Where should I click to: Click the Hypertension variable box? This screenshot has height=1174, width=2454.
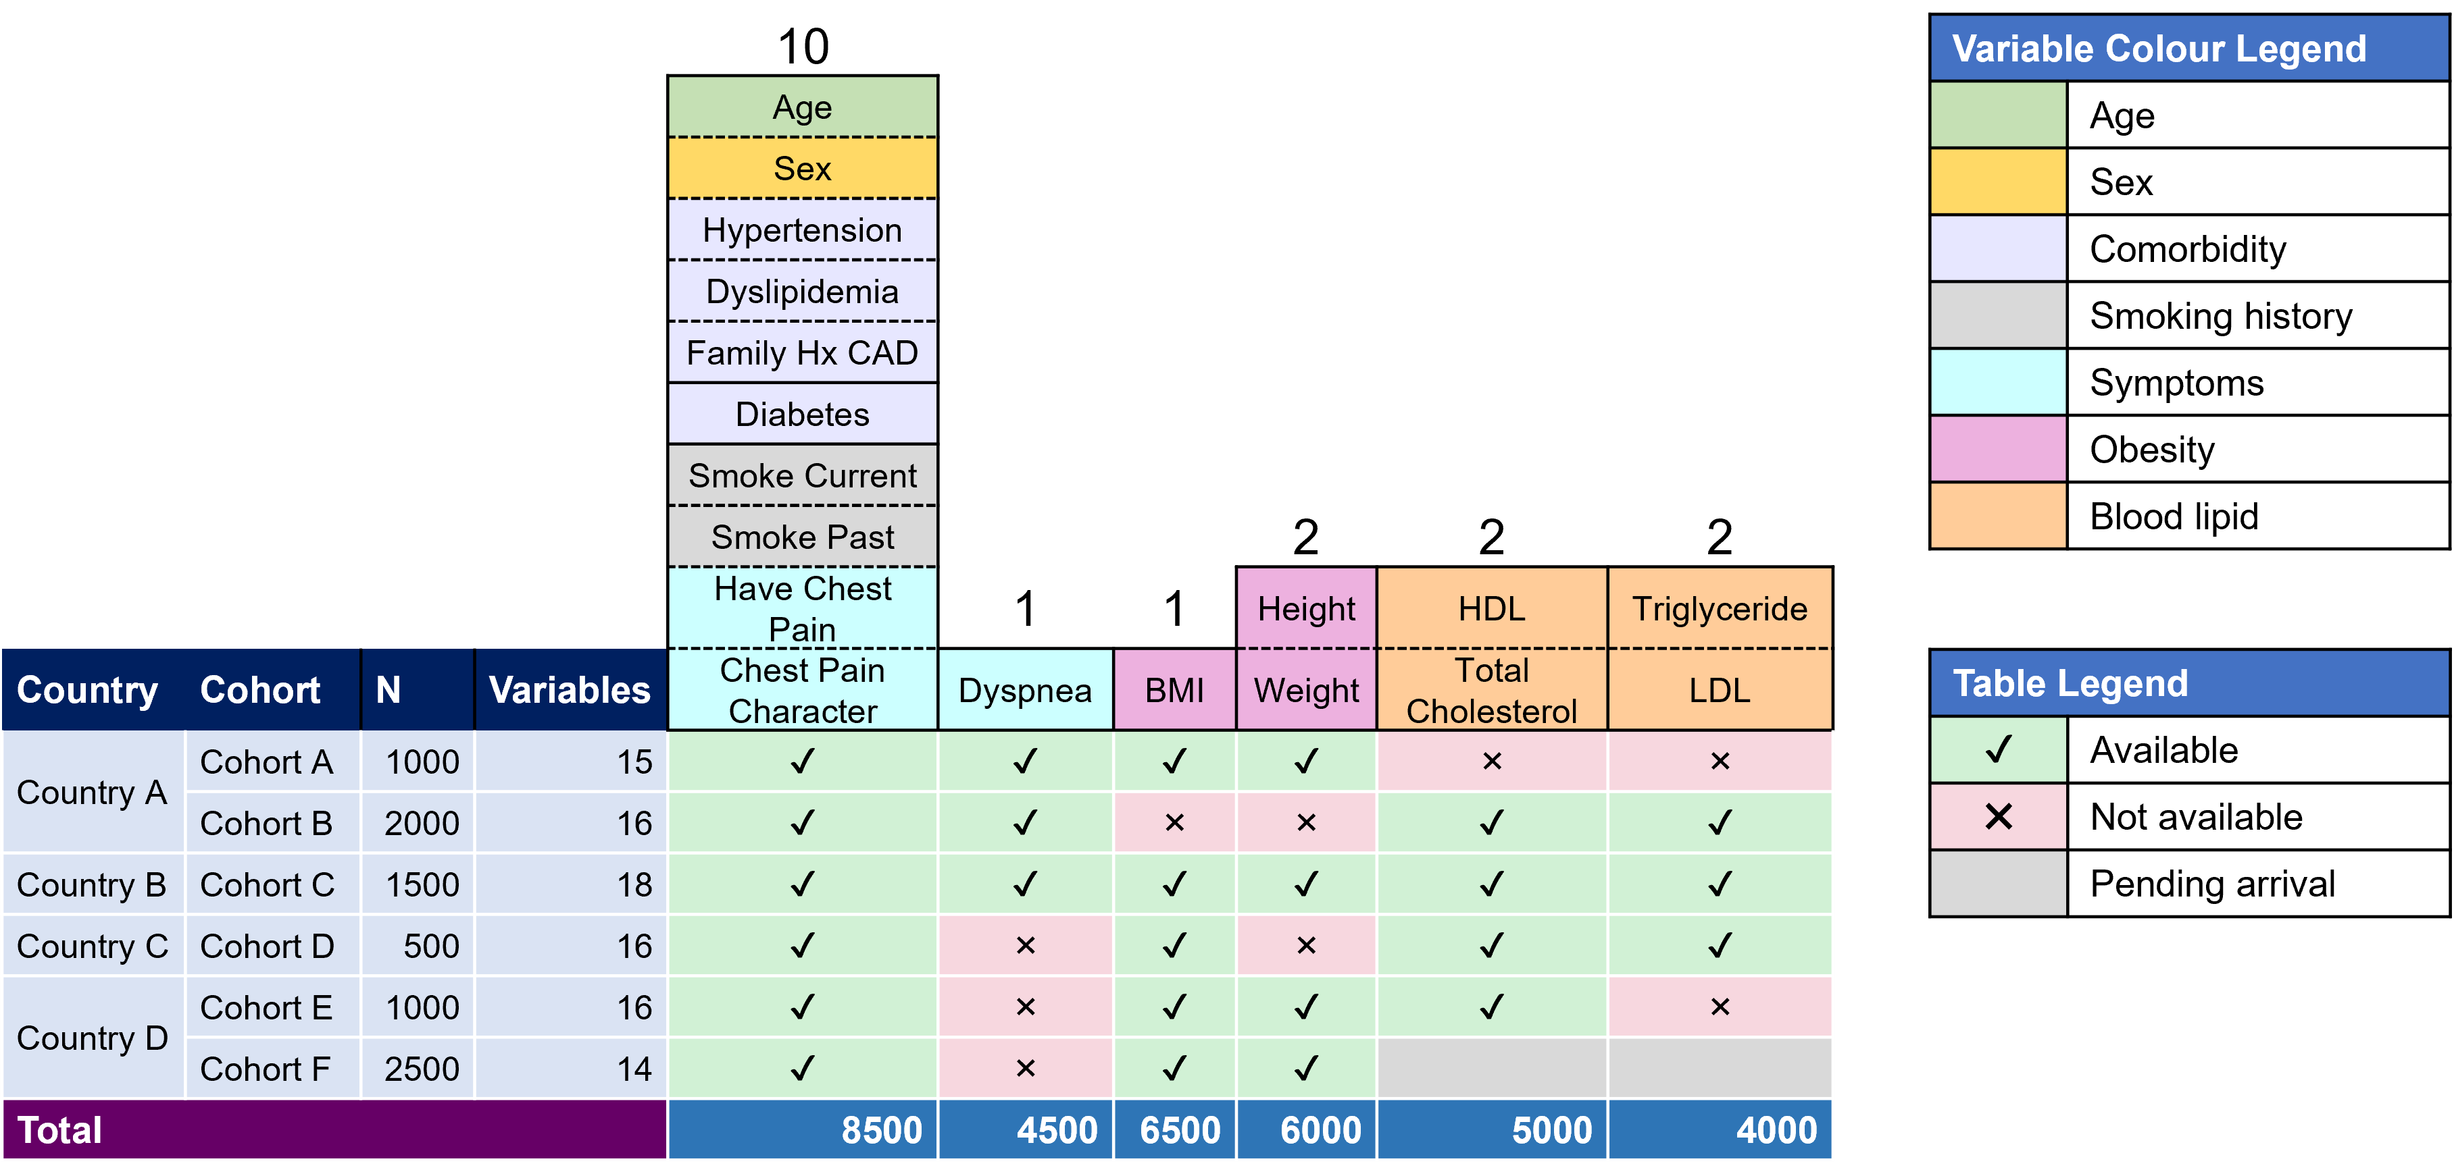pyautogui.click(x=802, y=230)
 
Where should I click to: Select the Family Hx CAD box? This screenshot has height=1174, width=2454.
pyautogui.click(x=802, y=353)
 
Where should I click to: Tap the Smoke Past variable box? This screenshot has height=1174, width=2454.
pyautogui.click(x=802, y=537)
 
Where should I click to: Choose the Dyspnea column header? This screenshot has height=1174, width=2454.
pyautogui.click(x=1025, y=691)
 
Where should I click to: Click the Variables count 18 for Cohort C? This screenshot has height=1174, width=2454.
pyautogui.click(x=634, y=884)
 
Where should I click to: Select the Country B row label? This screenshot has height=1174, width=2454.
pyautogui.click(x=91, y=884)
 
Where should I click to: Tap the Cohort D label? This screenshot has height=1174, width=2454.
pyautogui.click(x=267, y=946)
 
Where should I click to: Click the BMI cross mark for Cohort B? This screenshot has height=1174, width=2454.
pyautogui.click(x=1174, y=823)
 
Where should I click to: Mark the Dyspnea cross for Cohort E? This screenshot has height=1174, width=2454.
pyautogui.click(x=1025, y=1007)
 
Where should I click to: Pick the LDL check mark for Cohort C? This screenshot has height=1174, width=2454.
pyautogui.click(x=1720, y=884)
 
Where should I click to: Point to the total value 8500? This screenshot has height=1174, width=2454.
pyautogui.click(x=881, y=1130)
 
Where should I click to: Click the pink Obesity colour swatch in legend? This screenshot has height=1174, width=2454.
pyautogui.click(x=1999, y=450)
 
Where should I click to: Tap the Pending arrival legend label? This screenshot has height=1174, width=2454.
pyautogui.click(x=2212, y=884)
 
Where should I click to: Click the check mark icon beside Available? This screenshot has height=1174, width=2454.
pyautogui.click(x=1999, y=750)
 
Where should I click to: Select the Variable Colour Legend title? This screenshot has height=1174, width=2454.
pyautogui.click(x=2159, y=49)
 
